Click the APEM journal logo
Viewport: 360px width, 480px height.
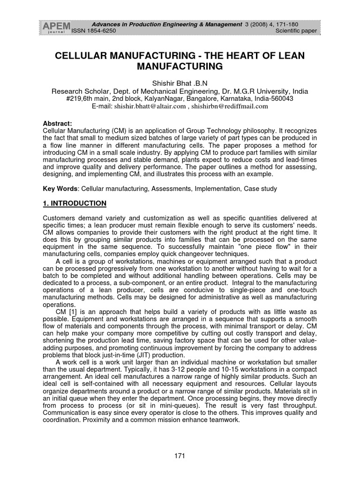tap(56, 28)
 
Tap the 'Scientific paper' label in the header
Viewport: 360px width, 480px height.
tap(296, 31)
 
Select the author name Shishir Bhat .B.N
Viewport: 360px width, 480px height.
tap(180, 83)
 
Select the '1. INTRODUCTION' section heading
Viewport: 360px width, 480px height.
tap(75, 203)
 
